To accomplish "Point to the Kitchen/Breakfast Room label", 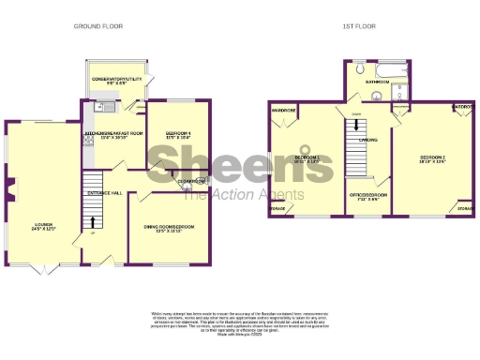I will click(113, 135).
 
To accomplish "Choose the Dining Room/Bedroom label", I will click(170, 228).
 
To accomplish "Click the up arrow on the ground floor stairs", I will click(93, 221).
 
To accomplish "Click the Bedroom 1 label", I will click(307, 158).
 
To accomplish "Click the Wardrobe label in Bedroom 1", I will click(284, 111).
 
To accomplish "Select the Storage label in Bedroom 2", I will click(465, 208).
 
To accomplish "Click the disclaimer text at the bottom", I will click(240, 321).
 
